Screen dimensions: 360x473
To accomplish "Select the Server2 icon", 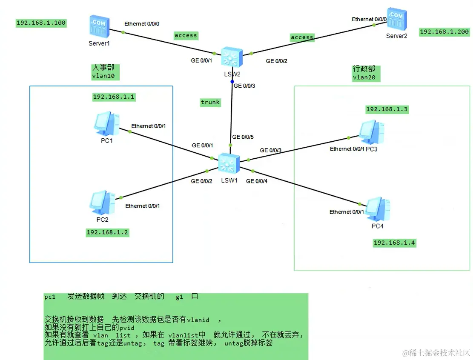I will tap(396, 20).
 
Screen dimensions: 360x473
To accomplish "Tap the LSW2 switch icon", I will tap(232, 57).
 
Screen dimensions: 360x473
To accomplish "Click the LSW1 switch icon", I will tap(229, 163).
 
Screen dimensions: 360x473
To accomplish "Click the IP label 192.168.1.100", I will tap(41, 23).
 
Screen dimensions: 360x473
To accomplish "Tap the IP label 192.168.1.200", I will tap(444, 32).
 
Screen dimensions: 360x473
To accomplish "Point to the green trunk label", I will tap(210, 102).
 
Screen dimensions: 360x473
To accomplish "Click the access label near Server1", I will tap(186, 35).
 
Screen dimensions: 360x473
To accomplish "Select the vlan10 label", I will tap(103, 76).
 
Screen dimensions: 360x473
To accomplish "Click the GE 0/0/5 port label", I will tap(243, 137).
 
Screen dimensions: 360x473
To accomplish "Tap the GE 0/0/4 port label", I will tap(257, 181).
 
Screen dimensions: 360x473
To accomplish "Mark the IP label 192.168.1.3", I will tap(387, 109).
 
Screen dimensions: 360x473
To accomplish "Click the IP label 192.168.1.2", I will tap(107, 232).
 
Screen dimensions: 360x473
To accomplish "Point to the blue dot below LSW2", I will tap(232, 81).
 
